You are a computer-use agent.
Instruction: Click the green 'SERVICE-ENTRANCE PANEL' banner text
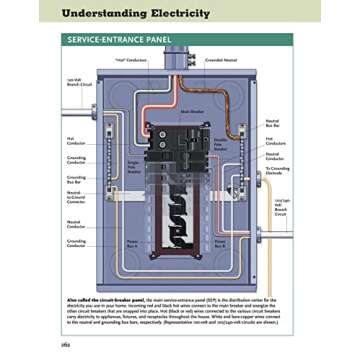point(119,43)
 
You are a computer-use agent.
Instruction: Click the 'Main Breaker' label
point(191,111)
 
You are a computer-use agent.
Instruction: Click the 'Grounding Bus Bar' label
point(76,180)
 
